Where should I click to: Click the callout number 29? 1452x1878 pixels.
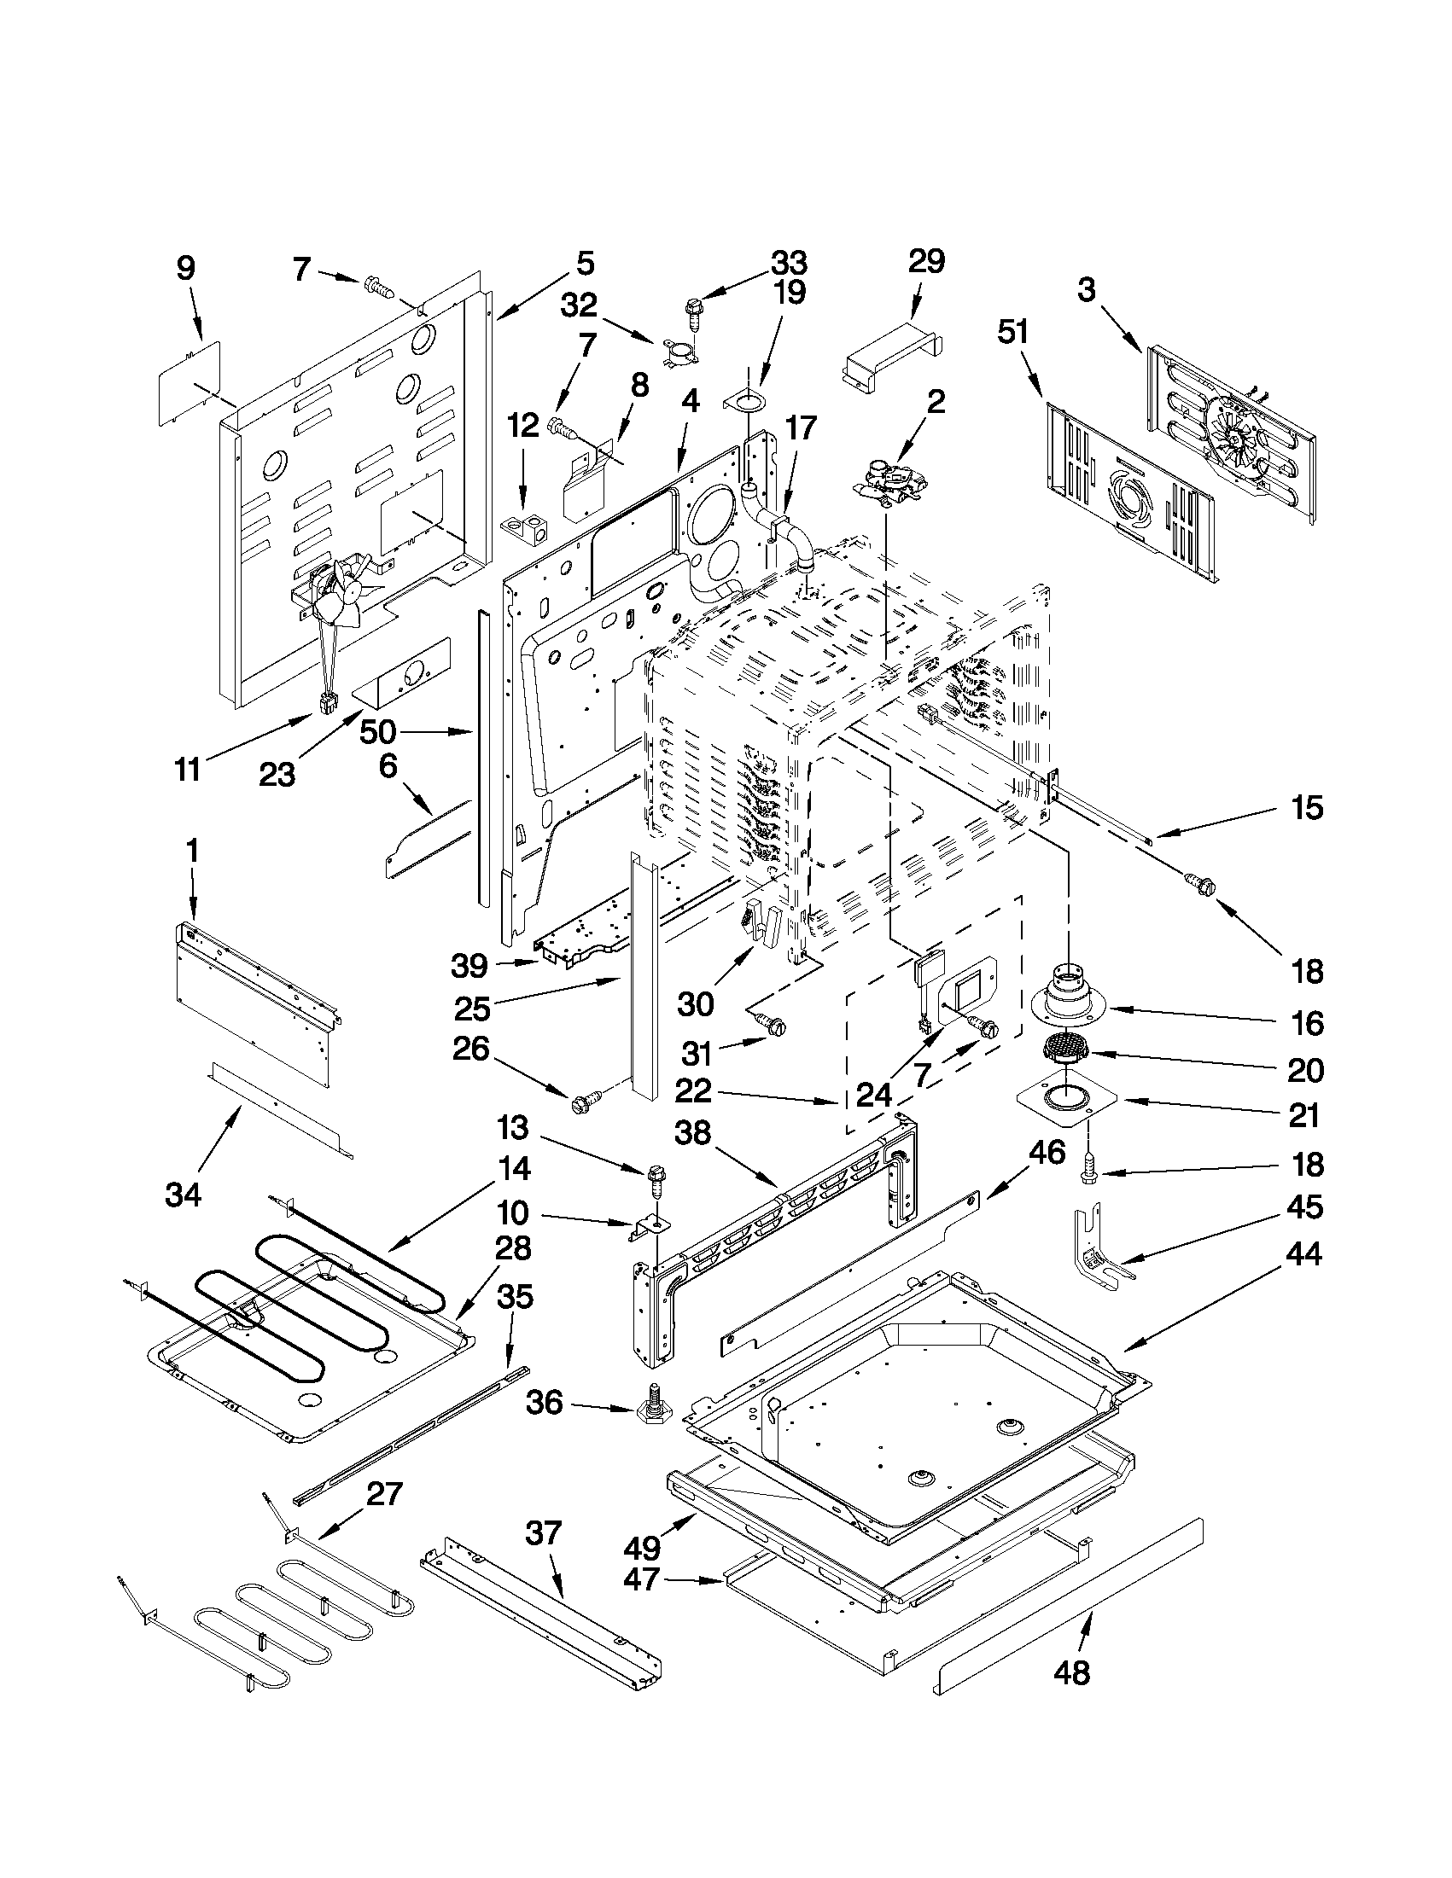tap(925, 261)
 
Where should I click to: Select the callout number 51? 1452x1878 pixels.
tap(1012, 332)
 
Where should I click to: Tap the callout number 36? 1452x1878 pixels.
tap(545, 1403)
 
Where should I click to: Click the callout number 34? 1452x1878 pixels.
tap(184, 1195)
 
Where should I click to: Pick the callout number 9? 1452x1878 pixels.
tap(187, 268)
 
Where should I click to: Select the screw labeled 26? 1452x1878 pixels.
tap(583, 1102)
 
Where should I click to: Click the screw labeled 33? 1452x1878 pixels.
tap(693, 313)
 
